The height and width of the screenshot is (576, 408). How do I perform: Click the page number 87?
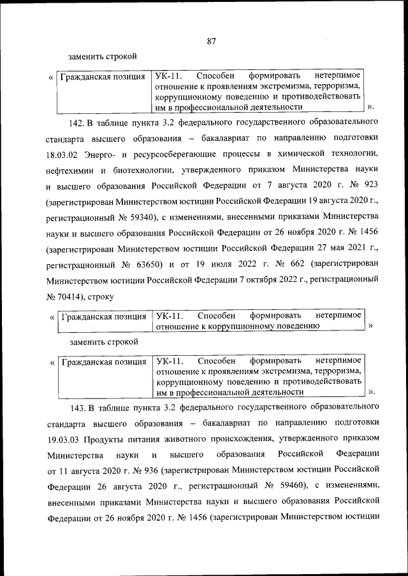[212, 41]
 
